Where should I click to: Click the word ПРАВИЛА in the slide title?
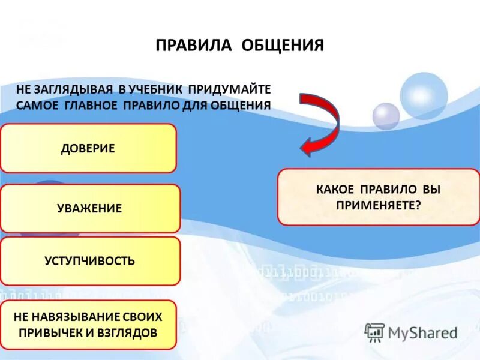coord(194,46)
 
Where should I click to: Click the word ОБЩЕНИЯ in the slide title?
coord(283,46)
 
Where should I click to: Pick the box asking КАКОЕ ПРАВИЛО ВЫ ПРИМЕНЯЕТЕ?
coord(378,197)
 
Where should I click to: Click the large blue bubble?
coord(424,95)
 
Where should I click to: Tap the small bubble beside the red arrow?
coord(386,116)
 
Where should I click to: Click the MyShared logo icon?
coord(375,332)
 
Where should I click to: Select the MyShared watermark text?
coord(423,333)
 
